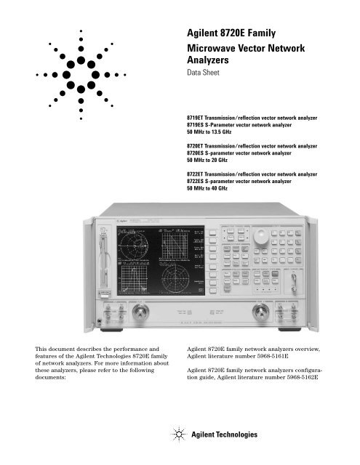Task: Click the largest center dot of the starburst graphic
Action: coord(81,73)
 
